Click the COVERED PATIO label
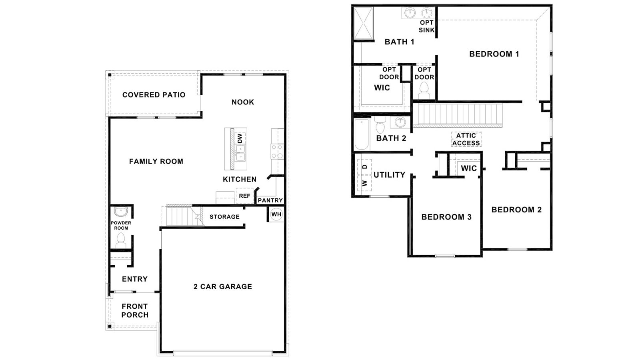pos(154,95)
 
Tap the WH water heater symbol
pos(276,214)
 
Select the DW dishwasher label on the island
pos(240,138)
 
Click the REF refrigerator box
pos(244,196)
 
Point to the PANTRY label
pos(270,200)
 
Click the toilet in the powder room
pos(120,240)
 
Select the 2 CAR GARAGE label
pos(223,286)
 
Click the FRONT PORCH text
pos(135,310)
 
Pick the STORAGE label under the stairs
pos(224,217)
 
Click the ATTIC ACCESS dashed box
pos(466,139)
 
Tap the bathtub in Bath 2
pos(362,134)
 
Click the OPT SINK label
pos(426,26)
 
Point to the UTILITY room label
pos(389,175)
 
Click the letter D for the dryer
pos(365,167)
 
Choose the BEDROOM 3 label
pos(446,217)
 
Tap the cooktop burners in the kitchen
pos(277,152)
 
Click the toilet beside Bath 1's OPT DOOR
pos(424,90)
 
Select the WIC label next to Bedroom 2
pos(468,168)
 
